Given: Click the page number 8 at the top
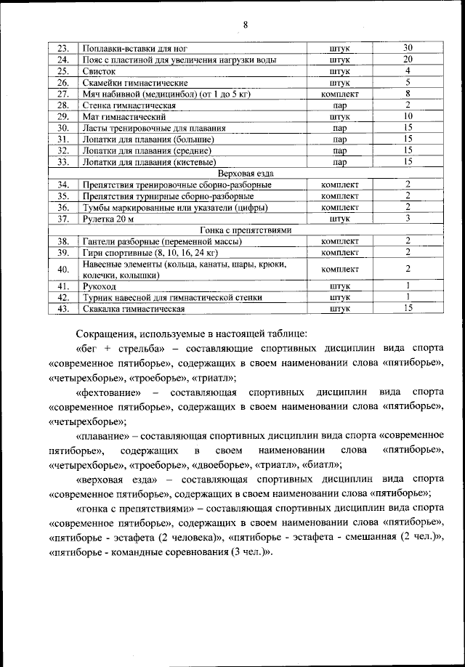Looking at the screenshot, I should tap(245, 25).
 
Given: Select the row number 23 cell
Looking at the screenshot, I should tap(62, 48).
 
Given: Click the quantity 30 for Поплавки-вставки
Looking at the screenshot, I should tap(408, 48).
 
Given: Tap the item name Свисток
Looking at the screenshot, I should tap(99, 71).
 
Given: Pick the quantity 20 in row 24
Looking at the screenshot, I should tap(408, 60).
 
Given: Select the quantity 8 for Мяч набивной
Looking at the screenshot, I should tap(408, 94).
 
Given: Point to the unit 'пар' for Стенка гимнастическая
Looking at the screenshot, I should tap(339, 105).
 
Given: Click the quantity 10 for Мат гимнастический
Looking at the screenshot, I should tap(408, 116).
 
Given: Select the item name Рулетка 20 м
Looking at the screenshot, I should tap(109, 219).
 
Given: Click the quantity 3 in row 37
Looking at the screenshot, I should tap(408, 218).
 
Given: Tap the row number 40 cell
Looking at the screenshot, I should tap(62, 270).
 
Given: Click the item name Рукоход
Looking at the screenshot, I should tap(100, 286).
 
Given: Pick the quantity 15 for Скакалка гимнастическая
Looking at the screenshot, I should tap(408, 309).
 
